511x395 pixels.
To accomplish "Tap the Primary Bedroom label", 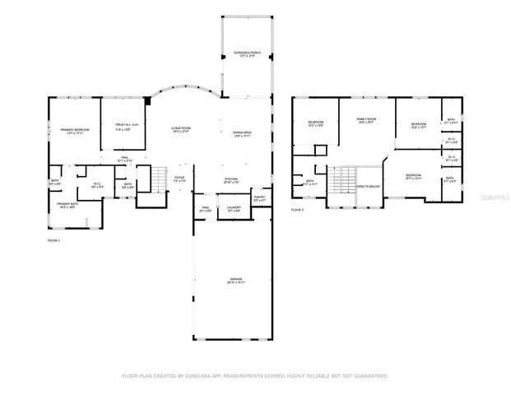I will (x=74, y=130).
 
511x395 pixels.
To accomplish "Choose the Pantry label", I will (x=259, y=198).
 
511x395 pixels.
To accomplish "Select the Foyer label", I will (x=179, y=179).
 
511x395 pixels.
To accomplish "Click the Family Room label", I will (x=365, y=122).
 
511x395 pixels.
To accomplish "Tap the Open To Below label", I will (x=368, y=186).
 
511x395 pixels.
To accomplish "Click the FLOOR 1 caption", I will (x=53, y=239).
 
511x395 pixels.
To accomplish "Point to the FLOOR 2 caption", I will (x=297, y=210).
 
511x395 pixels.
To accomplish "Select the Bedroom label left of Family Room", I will (x=315, y=124).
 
